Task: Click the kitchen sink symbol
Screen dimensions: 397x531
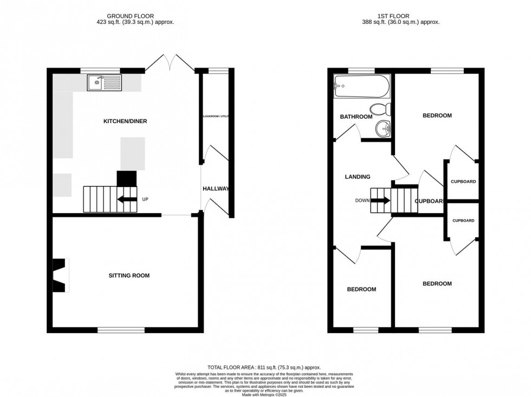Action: click(105, 82)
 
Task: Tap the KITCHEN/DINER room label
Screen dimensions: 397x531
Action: click(125, 121)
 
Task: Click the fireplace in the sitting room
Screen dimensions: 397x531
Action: click(59, 275)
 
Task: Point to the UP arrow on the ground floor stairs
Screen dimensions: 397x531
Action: click(126, 199)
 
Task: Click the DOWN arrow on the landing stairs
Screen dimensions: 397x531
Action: click(380, 200)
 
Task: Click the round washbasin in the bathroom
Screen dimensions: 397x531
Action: click(383, 128)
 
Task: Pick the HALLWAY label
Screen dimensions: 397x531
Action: click(216, 189)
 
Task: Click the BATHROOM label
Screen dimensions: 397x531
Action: click(356, 117)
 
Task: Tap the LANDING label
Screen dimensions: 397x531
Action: click(358, 177)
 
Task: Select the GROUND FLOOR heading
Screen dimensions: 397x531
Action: click(133, 16)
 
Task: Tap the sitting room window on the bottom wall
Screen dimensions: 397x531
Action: click(121, 329)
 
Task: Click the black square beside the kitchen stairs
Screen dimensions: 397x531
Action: click(127, 178)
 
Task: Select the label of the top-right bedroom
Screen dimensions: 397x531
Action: click(437, 116)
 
